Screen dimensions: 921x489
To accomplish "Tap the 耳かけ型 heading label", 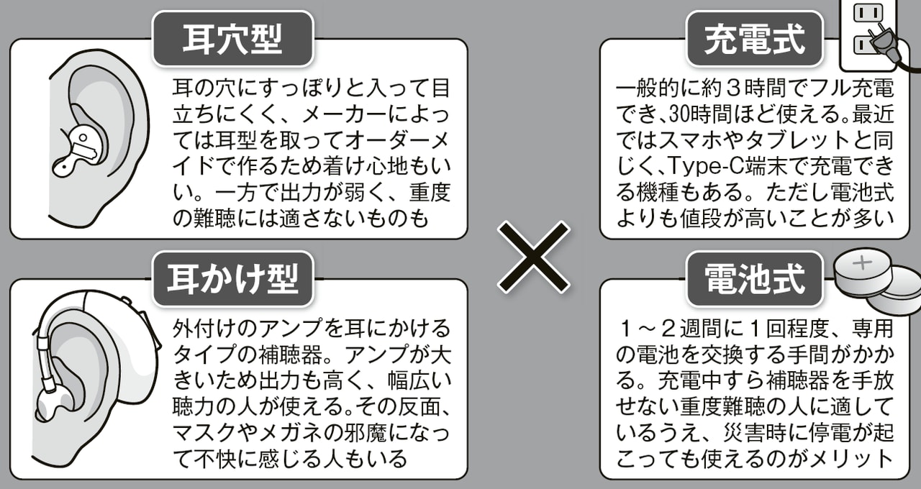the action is [232, 278].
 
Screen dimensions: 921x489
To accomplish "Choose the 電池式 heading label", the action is [754, 278].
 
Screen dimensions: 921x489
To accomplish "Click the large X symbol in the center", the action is [534, 255].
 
